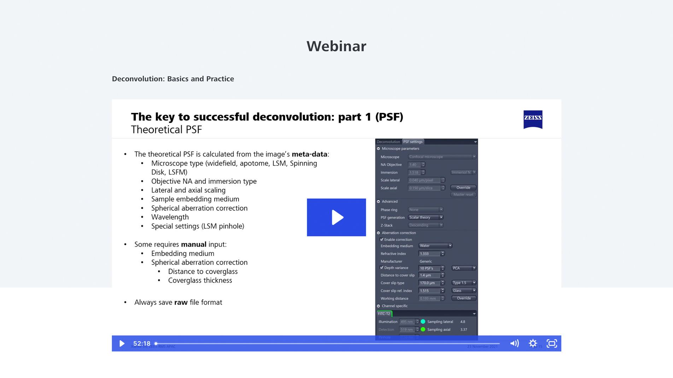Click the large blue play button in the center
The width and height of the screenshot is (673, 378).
click(336, 217)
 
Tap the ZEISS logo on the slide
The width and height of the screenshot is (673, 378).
click(533, 119)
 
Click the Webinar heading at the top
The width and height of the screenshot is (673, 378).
click(336, 46)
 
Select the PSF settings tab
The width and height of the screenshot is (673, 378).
click(413, 142)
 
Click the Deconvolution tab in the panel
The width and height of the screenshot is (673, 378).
click(388, 142)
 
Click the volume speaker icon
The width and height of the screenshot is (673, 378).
click(514, 343)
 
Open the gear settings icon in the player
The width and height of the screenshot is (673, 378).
click(533, 343)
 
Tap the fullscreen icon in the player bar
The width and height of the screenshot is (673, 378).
click(551, 343)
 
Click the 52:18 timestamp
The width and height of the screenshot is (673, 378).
click(142, 343)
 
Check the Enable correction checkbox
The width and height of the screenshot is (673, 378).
click(382, 239)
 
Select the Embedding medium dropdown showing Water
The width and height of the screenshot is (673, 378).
click(435, 246)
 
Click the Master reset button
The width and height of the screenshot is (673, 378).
click(463, 194)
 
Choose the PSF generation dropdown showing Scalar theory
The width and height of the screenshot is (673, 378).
click(426, 217)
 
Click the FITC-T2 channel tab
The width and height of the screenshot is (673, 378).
click(384, 313)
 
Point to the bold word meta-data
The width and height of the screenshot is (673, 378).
click(309, 154)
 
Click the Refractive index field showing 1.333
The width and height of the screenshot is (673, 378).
click(429, 253)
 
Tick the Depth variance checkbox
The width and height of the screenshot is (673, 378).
click(382, 268)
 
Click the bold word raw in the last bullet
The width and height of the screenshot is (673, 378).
click(181, 302)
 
